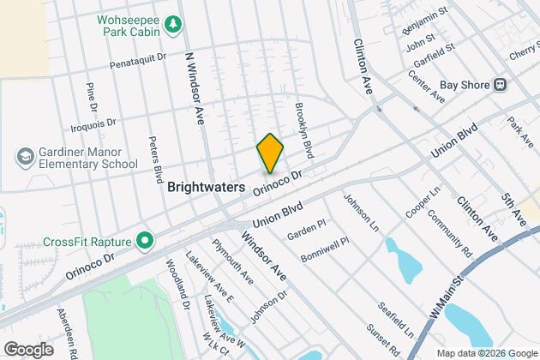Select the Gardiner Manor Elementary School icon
coord(24,157)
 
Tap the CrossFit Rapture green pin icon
coord(145,240)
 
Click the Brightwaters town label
coord(207,186)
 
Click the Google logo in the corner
coord(27,349)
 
